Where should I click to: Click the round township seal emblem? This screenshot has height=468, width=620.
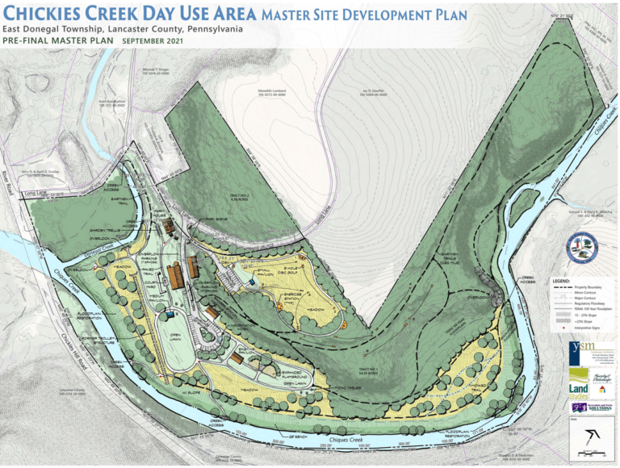point(582,249)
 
